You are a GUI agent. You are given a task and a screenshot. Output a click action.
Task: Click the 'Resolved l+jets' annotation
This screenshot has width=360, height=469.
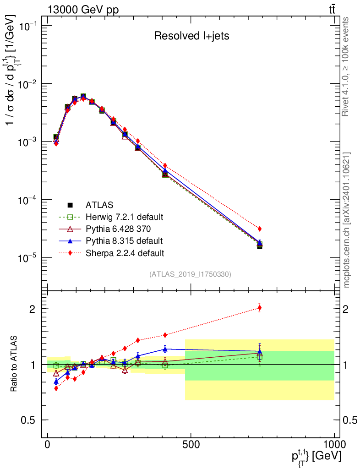(191, 36)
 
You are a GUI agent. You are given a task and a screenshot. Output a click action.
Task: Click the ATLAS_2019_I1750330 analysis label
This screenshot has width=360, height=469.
(190, 274)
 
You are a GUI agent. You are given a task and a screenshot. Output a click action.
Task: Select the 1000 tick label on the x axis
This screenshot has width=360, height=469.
(334, 445)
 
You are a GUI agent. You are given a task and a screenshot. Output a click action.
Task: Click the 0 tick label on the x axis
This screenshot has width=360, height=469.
(48, 445)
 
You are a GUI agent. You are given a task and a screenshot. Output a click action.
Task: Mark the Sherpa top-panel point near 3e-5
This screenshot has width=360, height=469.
(260, 229)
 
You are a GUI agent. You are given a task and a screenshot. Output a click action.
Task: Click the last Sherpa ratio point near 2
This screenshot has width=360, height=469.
(260, 308)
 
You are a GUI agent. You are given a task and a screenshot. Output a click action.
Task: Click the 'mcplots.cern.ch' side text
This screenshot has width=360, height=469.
(347, 220)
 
